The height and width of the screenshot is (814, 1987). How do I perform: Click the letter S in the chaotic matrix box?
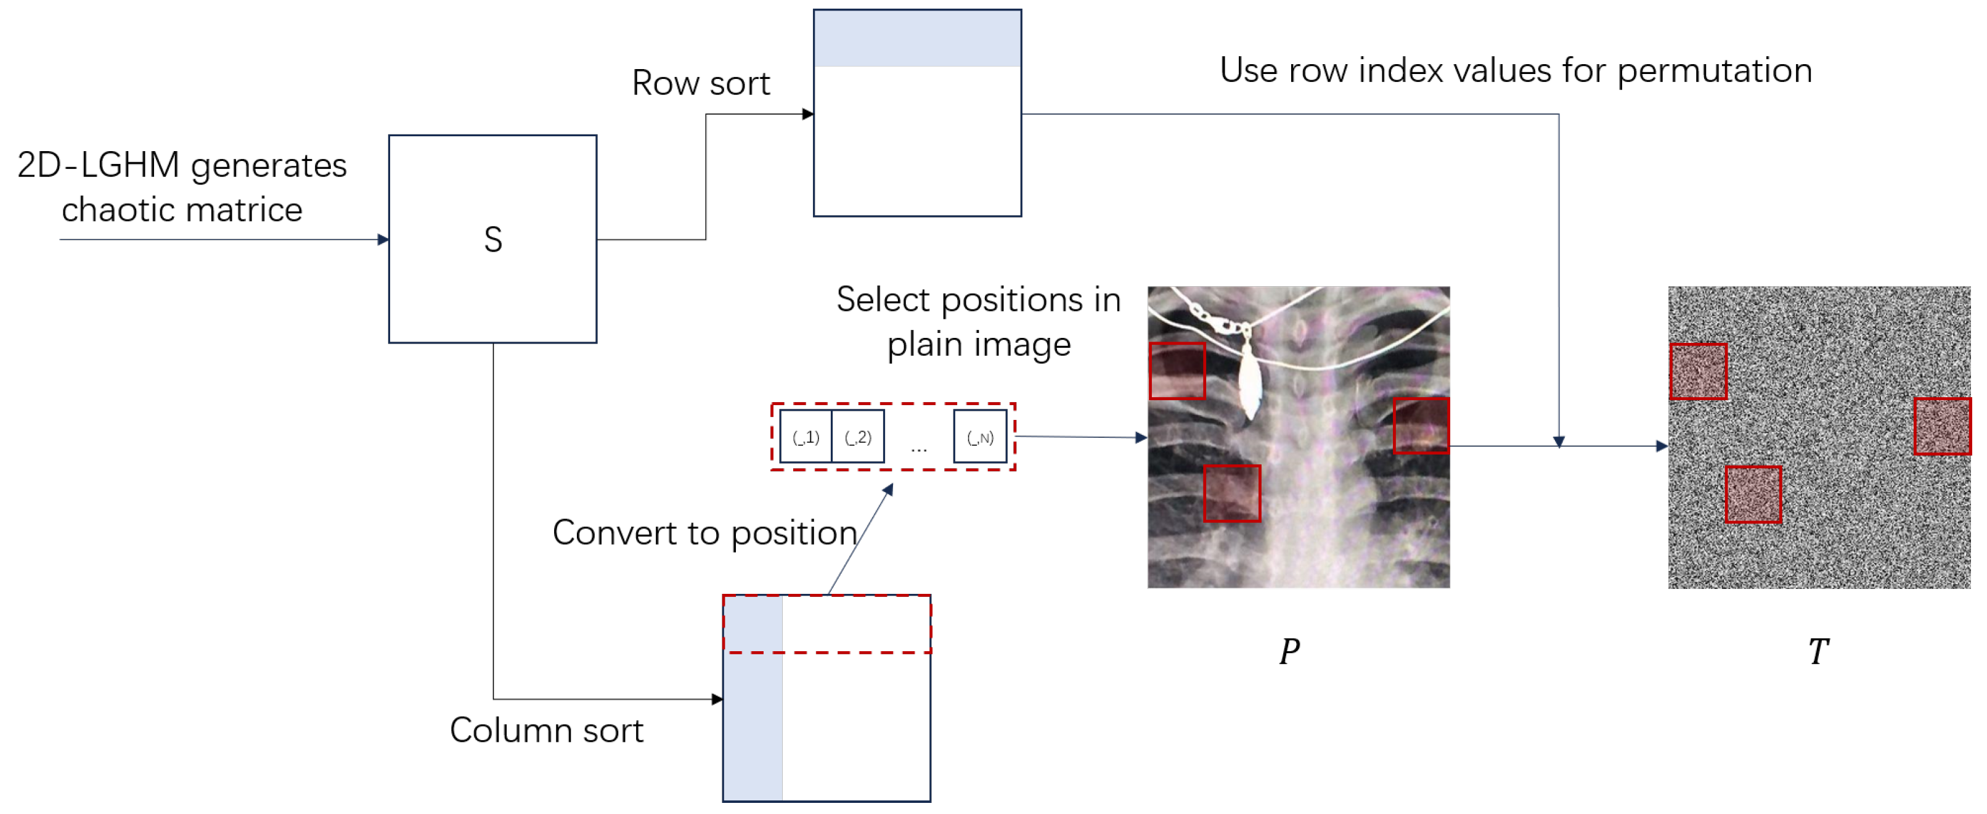pyautogui.click(x=493, y=239)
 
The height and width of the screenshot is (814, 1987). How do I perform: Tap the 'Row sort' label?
pyautogui.click(x=700, y=83)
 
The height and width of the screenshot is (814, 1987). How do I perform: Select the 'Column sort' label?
pyautogui.click(x=546, y=730)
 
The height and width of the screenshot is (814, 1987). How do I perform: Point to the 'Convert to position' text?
pyautogui.click(x=705, y=532)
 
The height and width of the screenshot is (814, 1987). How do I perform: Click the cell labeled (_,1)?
pyautogui.click(x=806, y=437)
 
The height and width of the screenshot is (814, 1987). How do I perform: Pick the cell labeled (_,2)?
pyautogui.click(x=858, y=437)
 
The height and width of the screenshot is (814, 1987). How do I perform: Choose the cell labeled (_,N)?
pyautogui.click(x=979, y=437)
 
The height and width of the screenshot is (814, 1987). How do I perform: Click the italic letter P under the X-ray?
pyautogui.click(x=1289, y=651)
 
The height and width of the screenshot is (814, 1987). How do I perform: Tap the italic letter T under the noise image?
pyautogui.click(x=1818, y=651)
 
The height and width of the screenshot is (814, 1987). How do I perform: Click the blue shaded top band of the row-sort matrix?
pyautogui.click(x=917, y=38)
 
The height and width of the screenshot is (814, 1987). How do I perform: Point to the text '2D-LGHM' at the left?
pyautogui.click(x=98, y=165)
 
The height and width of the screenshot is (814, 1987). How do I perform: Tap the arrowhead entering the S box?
pyautogui.click(x=383, y=239)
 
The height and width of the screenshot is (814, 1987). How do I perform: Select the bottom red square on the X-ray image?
pyautogui.click(x=1232, y=494)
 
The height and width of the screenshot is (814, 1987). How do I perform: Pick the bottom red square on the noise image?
pyautogui.click(x=1753, y=495)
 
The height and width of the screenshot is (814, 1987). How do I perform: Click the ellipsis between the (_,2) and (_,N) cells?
pyautogui.click(x=919, y=448)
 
